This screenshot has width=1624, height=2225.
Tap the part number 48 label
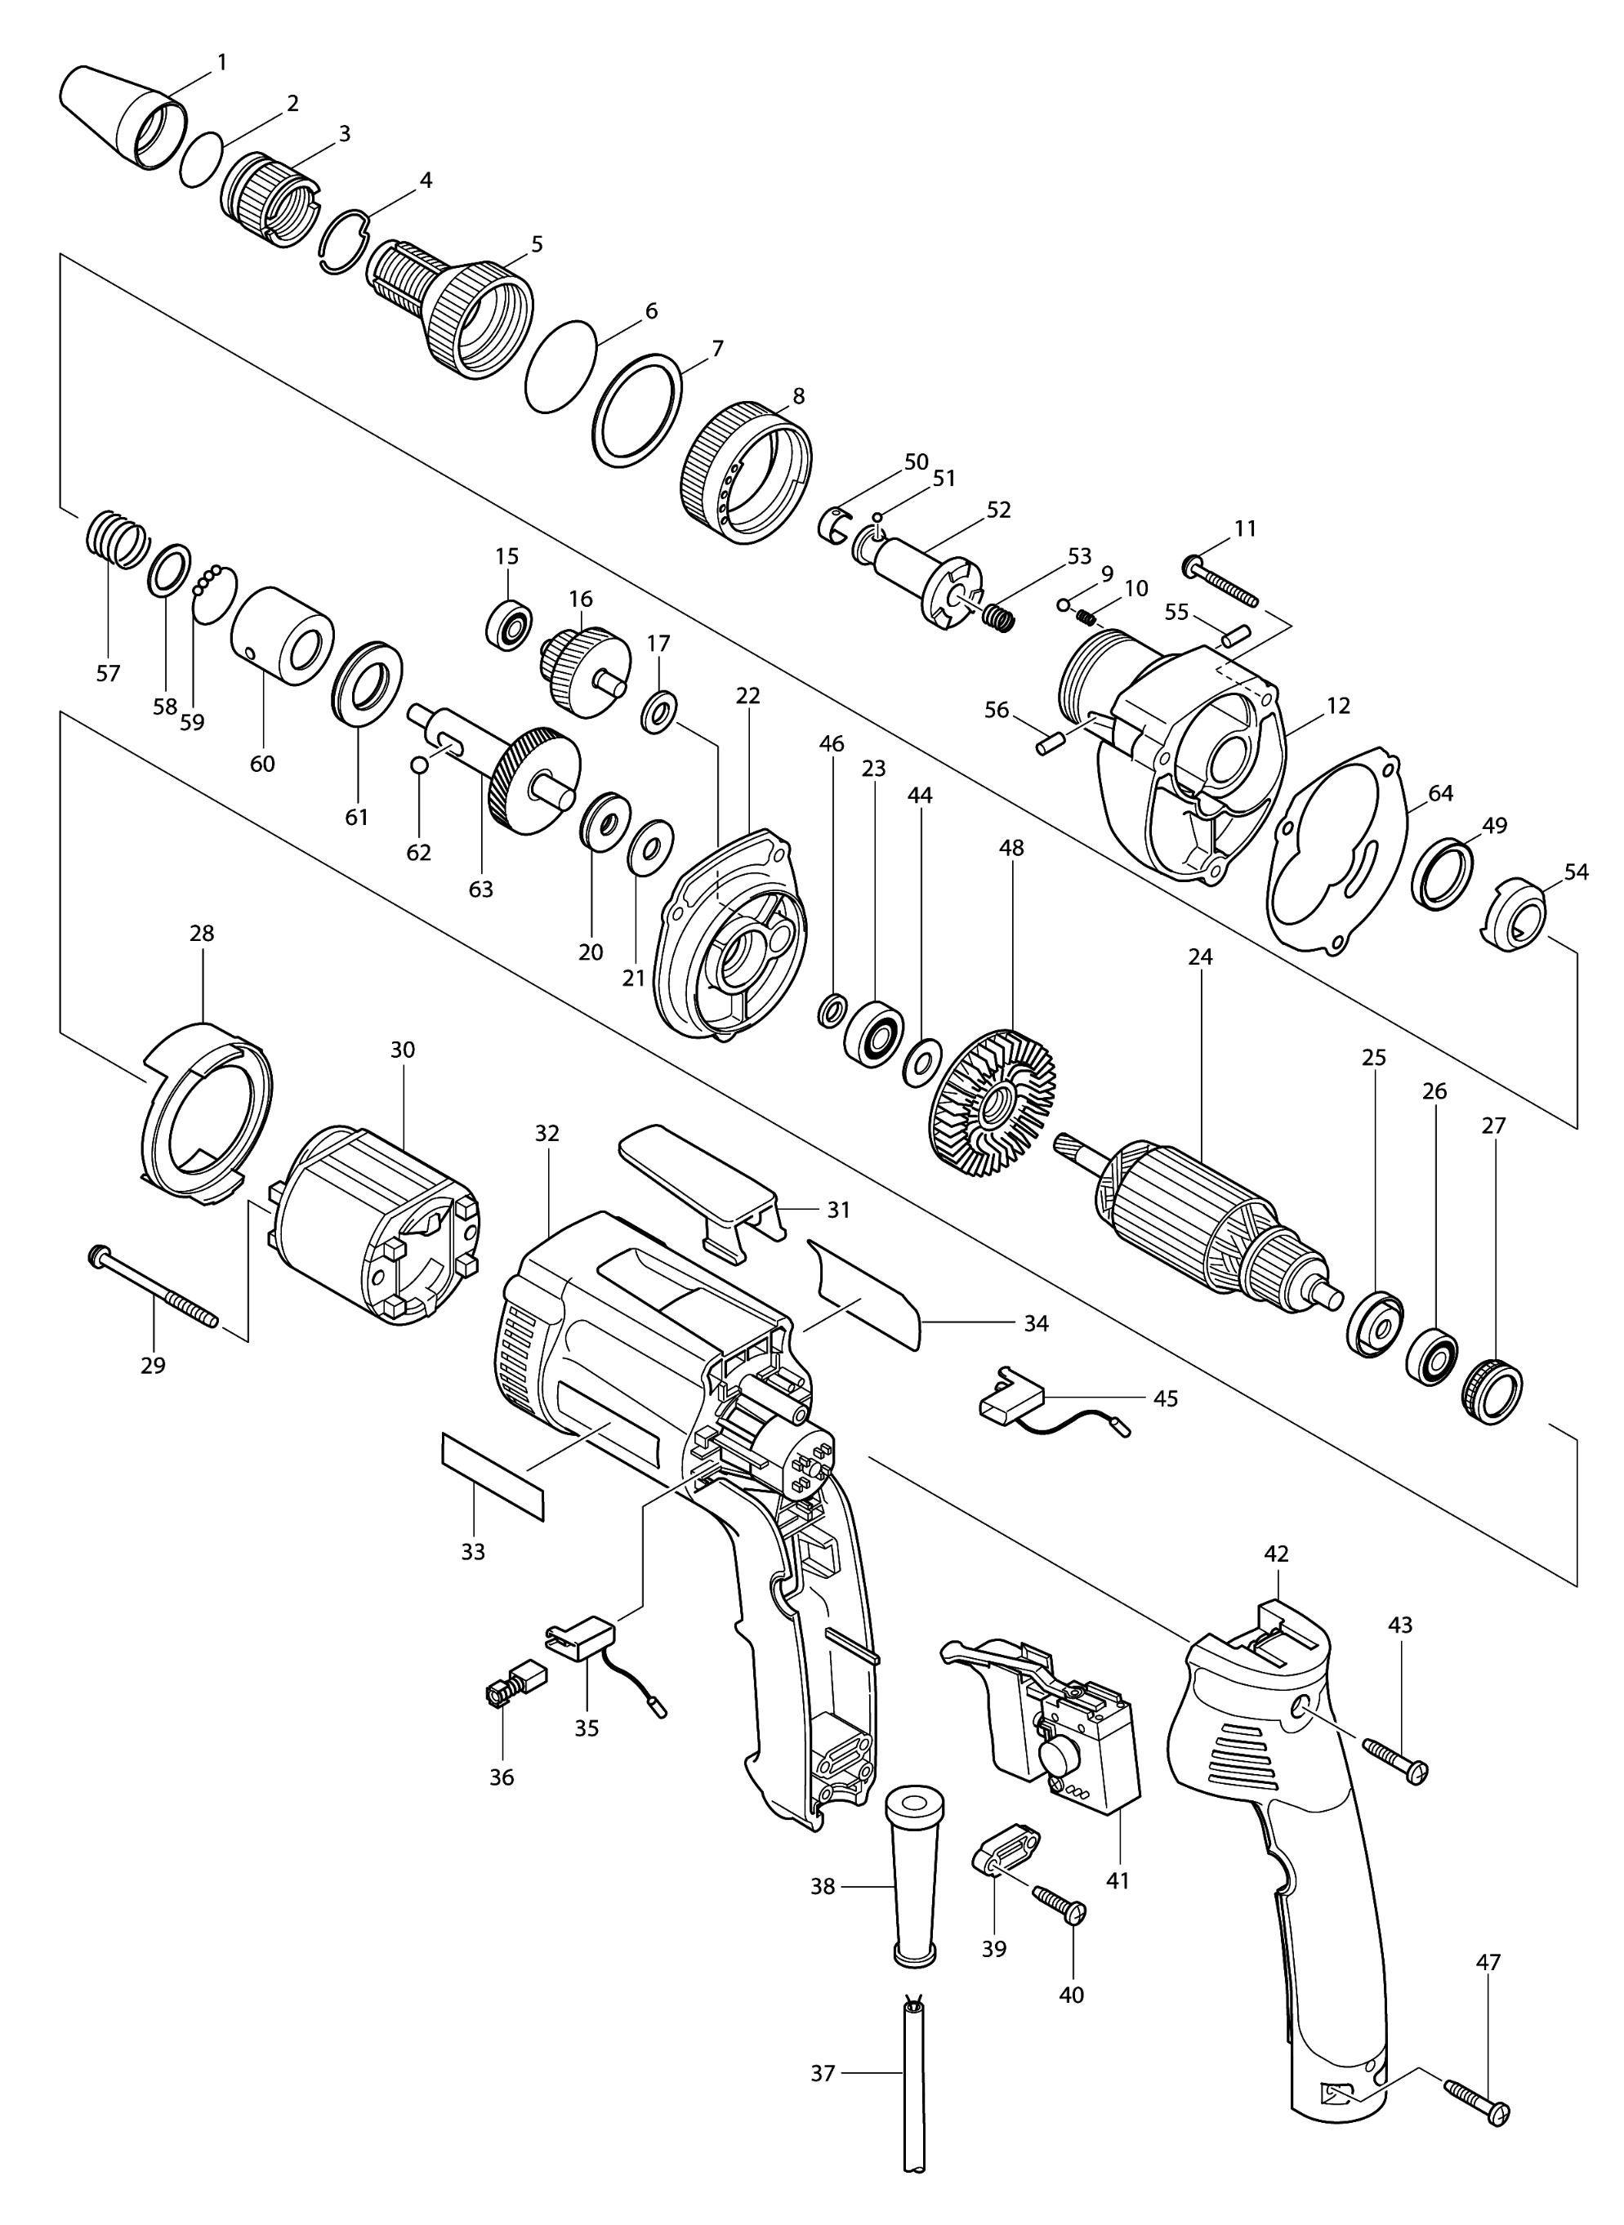pyautogui.click(x=1011, y=846)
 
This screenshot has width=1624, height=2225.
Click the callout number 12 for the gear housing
pyautogui.click(x=1338, y=705)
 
